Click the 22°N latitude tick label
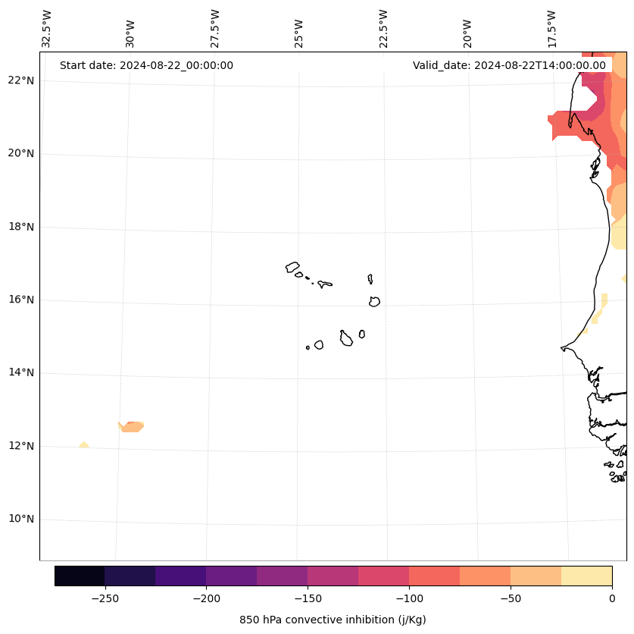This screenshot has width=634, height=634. click(21, 80)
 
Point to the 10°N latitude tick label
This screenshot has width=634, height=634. click(21, 519)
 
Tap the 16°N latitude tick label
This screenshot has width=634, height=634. click(21, 300)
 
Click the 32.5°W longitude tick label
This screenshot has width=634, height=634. click(47, 29)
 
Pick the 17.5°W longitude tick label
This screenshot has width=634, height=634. click(551, 29)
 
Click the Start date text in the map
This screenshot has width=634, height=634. click(146, 65)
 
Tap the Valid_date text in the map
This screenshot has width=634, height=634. click(509, 65)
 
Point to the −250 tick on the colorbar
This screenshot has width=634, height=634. click(105, 598)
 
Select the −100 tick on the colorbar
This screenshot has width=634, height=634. click(409, 598)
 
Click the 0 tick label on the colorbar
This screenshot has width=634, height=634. click(612, 598)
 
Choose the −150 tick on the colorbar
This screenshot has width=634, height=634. click(308, 598)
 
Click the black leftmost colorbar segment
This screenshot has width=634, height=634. click(80, 576)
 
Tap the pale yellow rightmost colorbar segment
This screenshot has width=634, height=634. click(586, 576)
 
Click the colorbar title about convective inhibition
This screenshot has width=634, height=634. click(333, 620)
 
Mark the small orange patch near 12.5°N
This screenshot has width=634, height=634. click(132, 427)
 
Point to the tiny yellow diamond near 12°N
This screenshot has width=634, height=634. click(84, 444)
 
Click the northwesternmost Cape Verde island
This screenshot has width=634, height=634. click(292, 267)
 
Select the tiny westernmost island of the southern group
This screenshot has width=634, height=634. click(308, 347)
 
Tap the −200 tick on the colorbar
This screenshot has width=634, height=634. click(206, 598)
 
